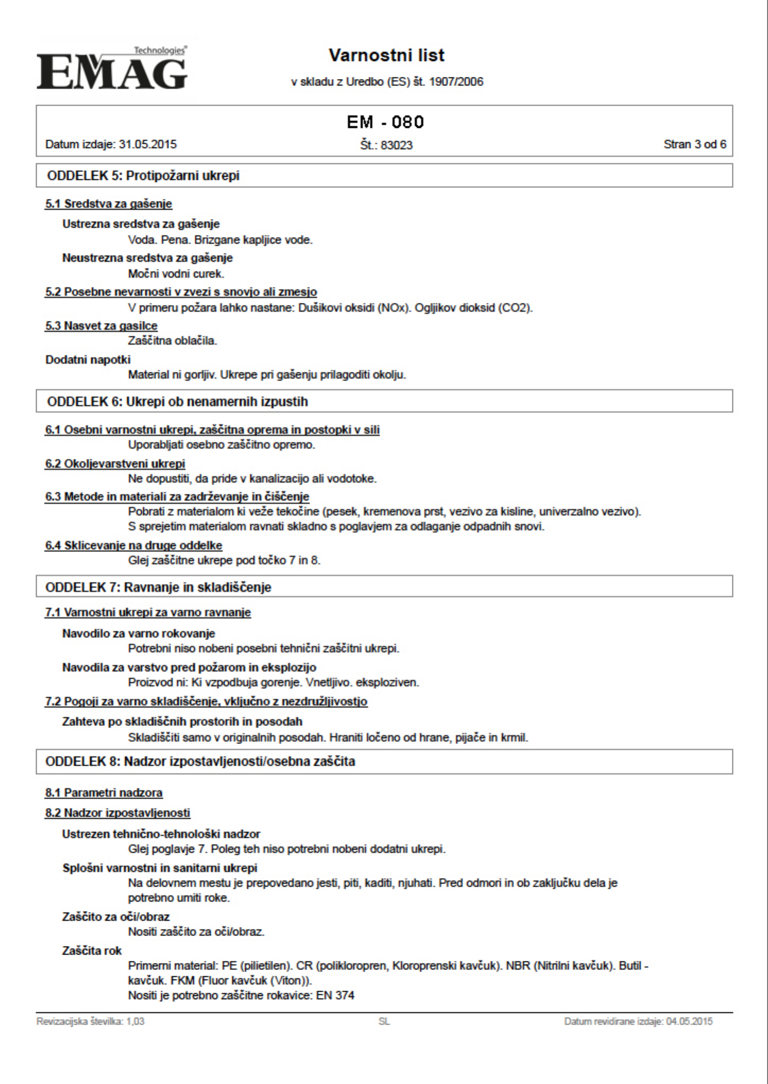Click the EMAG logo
(x=112, y=69)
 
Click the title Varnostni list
(x=387, y=55)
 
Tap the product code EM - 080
(x=386, y=123)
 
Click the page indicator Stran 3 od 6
(x=695, y=144)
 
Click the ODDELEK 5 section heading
(x=143, y=176)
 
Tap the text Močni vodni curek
(x=176, y=274)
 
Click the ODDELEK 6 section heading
(x=177, y=401)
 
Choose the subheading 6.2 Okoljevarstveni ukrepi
(x=115, y=464)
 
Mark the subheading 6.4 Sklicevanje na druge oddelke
(x=133, y=546)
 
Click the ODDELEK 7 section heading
(x=158, y=587)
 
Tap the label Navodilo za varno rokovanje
(x=138, y=633)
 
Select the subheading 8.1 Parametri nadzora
(x=103, y=793)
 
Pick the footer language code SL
(x=384, y=1021)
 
